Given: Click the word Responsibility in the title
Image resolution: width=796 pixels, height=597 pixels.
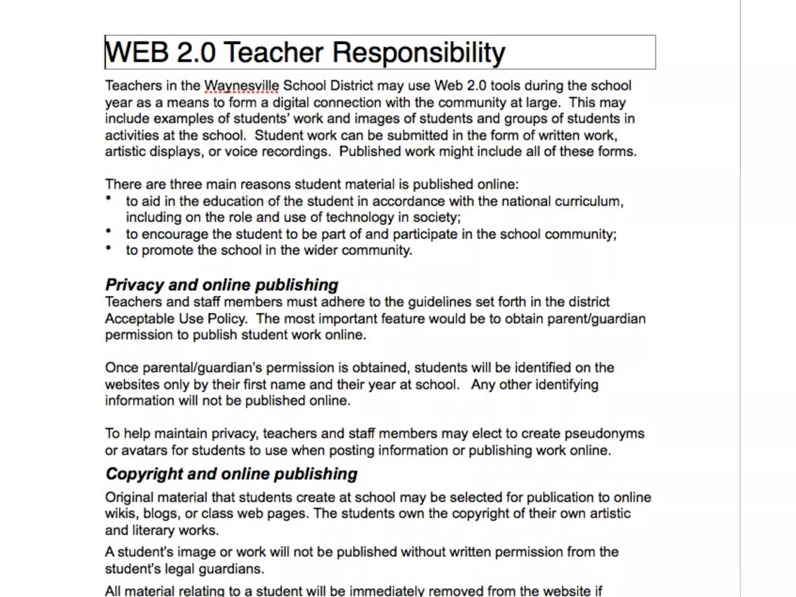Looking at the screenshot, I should click(x=419, y=52).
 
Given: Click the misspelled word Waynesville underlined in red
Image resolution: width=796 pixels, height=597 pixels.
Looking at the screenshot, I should click(x=241, y=86).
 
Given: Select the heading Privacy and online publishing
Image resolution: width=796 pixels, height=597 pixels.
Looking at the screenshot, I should click(x=222, y=285).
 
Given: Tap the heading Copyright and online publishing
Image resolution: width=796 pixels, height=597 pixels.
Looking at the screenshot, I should click(x=231, y=474).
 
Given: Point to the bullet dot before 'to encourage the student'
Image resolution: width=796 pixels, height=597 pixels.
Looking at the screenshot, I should click(x=108, y=231).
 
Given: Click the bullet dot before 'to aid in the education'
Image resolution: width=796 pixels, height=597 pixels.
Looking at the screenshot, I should click(x=108, y=198).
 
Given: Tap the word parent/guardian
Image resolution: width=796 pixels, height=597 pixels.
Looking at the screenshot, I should click(x=596, y=319).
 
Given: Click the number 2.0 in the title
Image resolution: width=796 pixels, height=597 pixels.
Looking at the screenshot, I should click(x=196, y=52).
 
